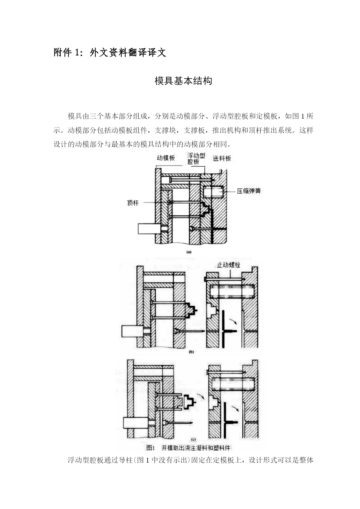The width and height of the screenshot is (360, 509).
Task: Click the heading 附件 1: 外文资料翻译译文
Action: (x=110, y=52)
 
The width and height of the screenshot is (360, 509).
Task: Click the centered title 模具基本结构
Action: (x=183, y=81)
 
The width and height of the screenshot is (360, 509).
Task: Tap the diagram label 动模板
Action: (x=166, y=158)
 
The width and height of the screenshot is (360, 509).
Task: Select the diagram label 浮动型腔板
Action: (x=196, y=159)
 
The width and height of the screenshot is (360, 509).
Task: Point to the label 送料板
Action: (x=222, y=158)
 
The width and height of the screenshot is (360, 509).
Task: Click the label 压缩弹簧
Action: (x=249, y=191)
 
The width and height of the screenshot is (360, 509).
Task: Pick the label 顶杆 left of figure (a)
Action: (x=133, y=203)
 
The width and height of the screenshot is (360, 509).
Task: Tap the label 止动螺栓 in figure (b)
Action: (x=229, y=265)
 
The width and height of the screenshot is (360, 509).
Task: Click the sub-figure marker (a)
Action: (x=189, y=252)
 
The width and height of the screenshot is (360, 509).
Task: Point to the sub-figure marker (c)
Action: (x=193, y=439)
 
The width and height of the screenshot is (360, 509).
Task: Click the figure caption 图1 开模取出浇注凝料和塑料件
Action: (x=189, y=448)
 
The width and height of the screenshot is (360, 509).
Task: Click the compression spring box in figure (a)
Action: (x=213, y=191)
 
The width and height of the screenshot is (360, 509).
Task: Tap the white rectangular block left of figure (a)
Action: (x=149, y=229)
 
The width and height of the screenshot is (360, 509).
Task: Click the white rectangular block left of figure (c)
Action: (x=135, y=423)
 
